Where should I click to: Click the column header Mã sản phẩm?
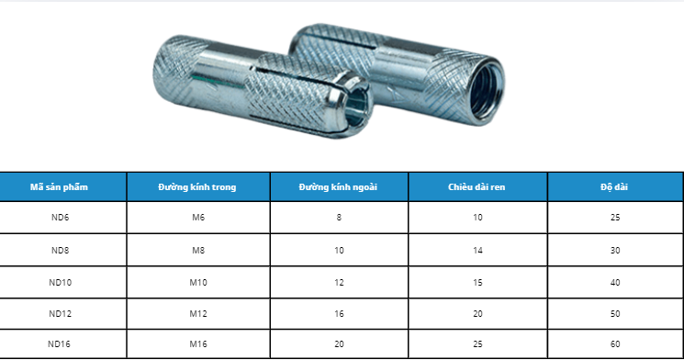click(63, 186)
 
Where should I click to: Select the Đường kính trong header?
click(197, 186)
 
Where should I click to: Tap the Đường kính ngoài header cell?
click(339, 186)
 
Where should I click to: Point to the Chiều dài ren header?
click(477, 186)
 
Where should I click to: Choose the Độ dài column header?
click(614, 186)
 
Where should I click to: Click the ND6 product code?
click(61, 218)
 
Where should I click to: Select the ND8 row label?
click(61, 250)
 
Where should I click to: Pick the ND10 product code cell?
click(61, 282)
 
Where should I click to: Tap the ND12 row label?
click(61, 313)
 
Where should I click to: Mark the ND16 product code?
click(61, 345)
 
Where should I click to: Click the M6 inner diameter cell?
click(197, 218)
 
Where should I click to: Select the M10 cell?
click(197, 282)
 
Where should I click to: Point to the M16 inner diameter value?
click(197, 345)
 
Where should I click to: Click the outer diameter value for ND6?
click(339, 218)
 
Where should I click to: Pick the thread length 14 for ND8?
click(477, 250)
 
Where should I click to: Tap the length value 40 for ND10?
click(614, 282)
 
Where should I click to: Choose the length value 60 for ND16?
click(614, 345)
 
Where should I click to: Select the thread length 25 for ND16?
click(477, 345)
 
